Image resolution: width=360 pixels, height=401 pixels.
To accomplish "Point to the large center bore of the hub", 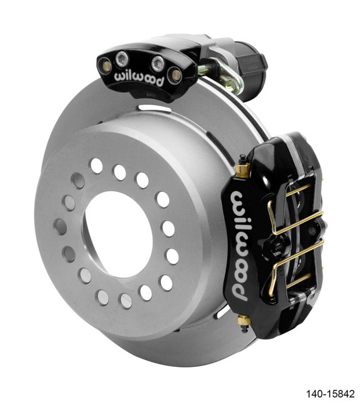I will tap(117, 234).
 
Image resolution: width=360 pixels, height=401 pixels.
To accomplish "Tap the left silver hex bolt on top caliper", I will tap(122, 59).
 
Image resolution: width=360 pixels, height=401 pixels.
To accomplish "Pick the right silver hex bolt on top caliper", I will tap(158, 63).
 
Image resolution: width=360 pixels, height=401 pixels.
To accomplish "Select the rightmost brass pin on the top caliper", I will tap(175, 75).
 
